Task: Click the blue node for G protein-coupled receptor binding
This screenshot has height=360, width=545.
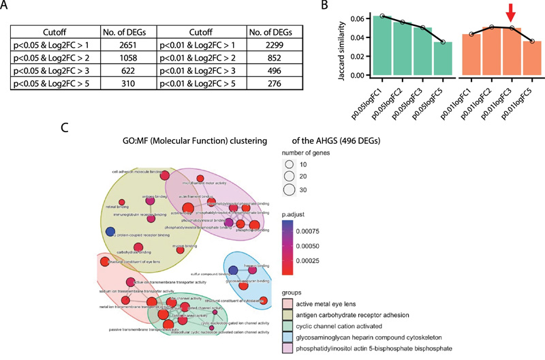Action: (x=110, y=232)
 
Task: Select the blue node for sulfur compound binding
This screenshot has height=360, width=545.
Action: (x=233, y=269)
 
